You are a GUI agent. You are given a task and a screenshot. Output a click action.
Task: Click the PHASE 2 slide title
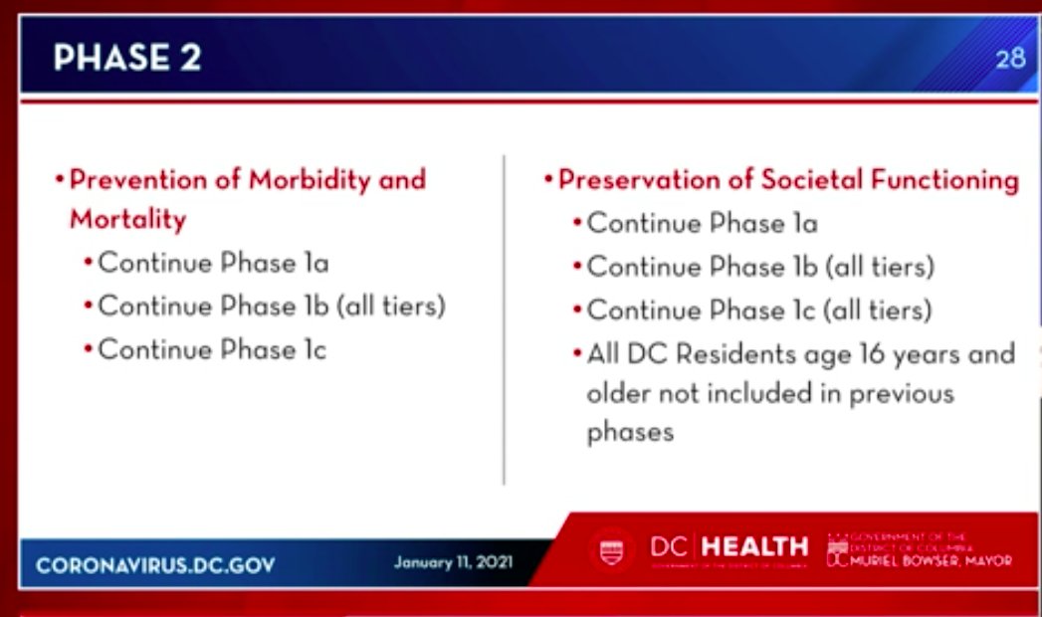coord(126,58)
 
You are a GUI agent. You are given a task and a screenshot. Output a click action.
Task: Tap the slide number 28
coord(1009,59)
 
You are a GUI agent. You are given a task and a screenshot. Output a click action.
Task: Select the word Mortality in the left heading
coord(127,219)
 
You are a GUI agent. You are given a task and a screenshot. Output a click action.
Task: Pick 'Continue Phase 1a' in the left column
coord(213,264)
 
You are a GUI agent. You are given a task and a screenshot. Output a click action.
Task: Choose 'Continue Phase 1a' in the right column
coord(702,223)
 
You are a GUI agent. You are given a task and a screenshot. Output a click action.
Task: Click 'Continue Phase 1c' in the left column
coord(212,350)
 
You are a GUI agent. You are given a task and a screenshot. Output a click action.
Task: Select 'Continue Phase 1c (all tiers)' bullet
coord(758,310)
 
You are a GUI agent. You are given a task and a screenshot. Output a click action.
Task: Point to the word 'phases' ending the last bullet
coord(630,432)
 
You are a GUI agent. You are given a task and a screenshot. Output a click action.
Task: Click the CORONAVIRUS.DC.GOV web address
coord(155,565)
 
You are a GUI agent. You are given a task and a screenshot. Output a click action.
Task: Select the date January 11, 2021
coord(453,562)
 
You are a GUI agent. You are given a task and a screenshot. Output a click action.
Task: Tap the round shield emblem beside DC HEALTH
coord(611,550)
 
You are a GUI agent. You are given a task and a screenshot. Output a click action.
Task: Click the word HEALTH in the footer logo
coord(755,546)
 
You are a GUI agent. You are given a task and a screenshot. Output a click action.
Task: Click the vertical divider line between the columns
coord(505,318)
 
